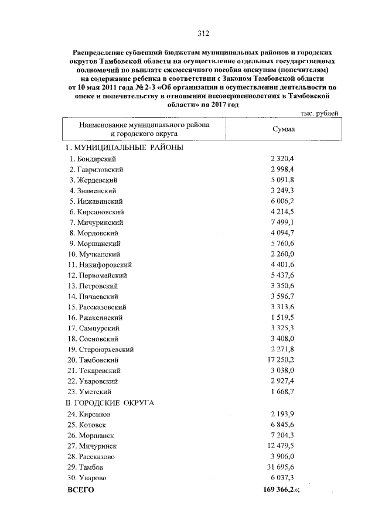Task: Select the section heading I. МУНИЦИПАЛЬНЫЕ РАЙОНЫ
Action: click(124, 148)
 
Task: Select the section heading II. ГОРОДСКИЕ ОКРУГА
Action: click(110, 403)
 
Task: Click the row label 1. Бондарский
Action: click(94, 159)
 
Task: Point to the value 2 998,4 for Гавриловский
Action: click(282, 169)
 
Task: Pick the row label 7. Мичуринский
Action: click(96, 223)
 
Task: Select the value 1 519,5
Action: click(282, 327)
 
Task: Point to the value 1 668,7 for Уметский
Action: click(282, 391)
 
